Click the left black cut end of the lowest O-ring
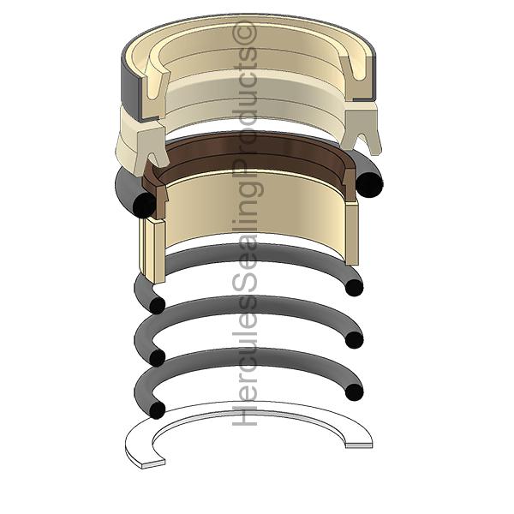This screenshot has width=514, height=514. coord(157,410)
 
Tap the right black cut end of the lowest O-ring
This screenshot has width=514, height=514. coord(355,391)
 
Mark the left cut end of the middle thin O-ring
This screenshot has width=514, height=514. coord(157,357)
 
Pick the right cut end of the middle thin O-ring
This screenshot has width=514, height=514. coord(355,339)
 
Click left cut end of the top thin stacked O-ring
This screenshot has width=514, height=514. coord(157,306)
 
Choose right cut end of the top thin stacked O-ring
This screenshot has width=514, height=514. coord(355,288)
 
